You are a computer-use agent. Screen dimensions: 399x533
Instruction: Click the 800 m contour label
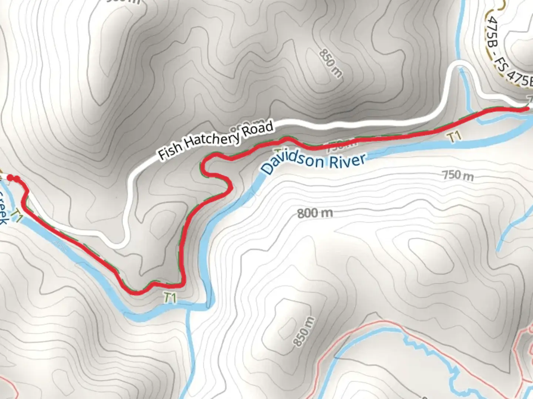(315, 213)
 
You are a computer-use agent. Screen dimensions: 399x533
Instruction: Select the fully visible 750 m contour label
(458, 175)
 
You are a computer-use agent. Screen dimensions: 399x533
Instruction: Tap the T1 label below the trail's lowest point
(170, 298)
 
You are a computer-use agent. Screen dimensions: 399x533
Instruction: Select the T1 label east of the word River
(455, 137)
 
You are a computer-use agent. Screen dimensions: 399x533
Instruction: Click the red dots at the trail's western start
(13, 179)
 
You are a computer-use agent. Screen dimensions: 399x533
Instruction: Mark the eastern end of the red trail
(526, 108)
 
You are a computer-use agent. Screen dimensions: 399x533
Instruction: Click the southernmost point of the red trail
(136, 292)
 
